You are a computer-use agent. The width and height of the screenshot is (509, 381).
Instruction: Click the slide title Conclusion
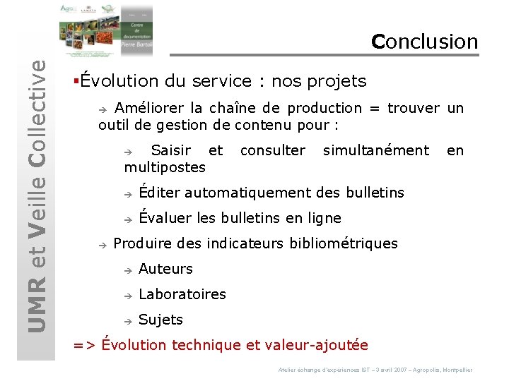tap(425, 42)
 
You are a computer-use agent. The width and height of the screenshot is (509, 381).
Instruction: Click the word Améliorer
tap(149, 109)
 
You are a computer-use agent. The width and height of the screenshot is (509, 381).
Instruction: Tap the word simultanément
tap(375, 150)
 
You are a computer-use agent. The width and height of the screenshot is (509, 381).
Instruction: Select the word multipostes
tap(165, 167)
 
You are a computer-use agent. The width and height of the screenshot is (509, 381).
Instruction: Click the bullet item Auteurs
tap(165, 269)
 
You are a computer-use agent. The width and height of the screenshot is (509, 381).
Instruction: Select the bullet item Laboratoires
tap(182, 294)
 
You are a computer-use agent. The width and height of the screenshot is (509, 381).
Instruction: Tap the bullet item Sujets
tap(160, 320)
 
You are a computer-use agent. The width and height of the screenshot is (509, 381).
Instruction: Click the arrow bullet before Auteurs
tap(128, 270)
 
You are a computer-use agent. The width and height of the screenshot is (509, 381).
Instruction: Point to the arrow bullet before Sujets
tap(128, 320)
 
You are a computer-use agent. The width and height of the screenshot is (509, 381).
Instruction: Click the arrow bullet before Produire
tap(103, 244)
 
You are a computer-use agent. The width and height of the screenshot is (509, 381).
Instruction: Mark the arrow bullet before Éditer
tap(128, 193)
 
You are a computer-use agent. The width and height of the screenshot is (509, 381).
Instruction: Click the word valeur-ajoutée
tap(316, 345)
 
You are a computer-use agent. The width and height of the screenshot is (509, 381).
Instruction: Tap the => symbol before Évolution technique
tap(84, 346)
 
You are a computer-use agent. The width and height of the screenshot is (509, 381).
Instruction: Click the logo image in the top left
tap(105, 30)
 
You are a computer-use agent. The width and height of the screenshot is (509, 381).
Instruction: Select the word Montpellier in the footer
tap(457, 370)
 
